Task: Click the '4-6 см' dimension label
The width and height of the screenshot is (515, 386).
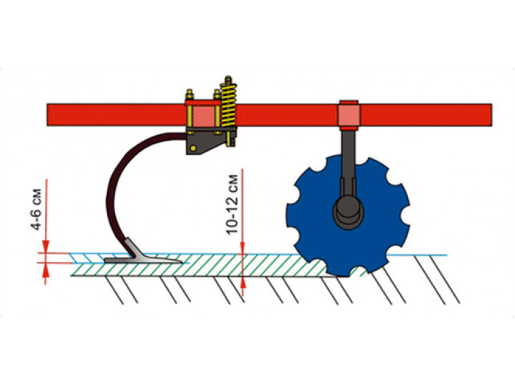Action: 37,209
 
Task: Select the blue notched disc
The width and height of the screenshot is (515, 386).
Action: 348,216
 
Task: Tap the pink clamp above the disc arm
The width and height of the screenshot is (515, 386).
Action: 348,115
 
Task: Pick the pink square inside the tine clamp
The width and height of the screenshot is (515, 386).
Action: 203,116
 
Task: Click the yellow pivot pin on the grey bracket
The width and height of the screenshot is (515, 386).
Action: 193,148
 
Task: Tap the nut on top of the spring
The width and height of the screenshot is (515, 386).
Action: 228,80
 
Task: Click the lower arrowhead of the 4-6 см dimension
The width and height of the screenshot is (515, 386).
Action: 46,269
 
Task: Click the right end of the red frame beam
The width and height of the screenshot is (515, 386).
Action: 492,115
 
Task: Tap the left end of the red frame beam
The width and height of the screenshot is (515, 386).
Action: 48,115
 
